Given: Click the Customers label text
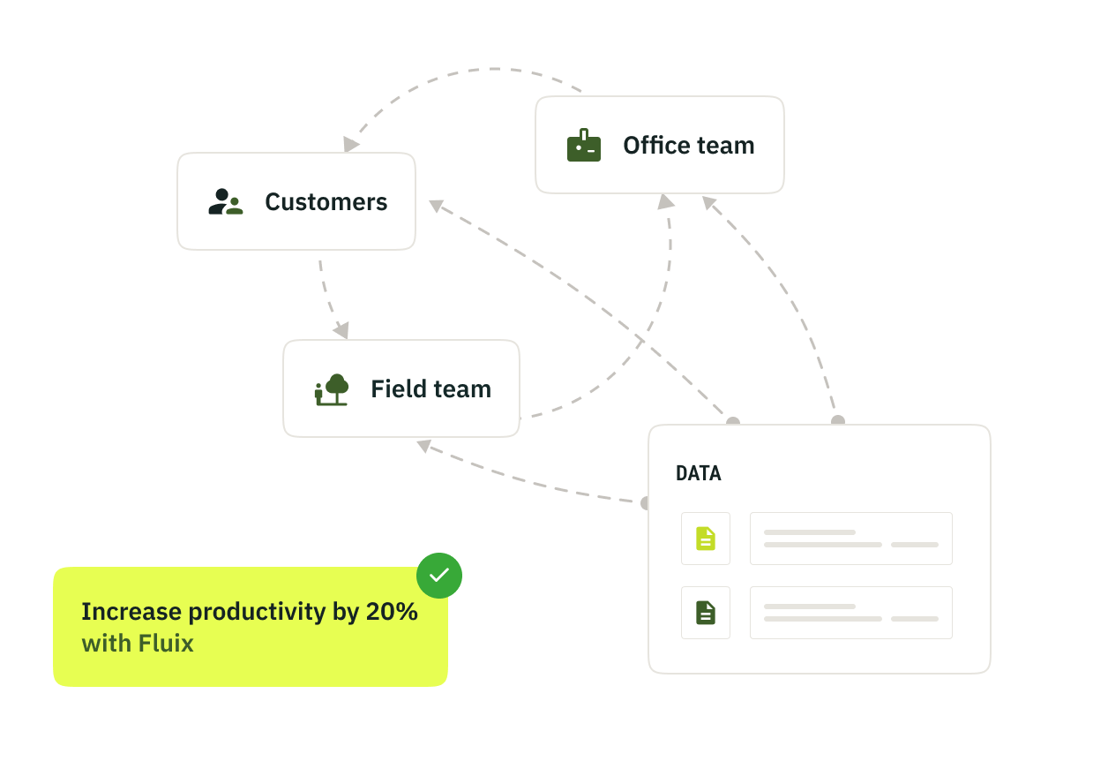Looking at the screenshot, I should [326, 202].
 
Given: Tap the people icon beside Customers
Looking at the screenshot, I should [226, 202].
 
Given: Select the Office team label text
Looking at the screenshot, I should [688, 146].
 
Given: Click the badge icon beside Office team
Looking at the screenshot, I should [583, 146].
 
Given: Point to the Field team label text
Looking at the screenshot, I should [430, 389].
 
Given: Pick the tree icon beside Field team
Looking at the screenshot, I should [332, 389].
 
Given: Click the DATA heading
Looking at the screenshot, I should [698, 474].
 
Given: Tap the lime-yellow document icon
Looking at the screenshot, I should [705, 539].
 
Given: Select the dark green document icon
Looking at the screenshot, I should [705, 613].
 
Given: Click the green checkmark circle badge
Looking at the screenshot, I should [439, 576].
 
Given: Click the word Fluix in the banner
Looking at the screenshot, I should [165, 644].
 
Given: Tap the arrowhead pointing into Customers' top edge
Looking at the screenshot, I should [352, 144].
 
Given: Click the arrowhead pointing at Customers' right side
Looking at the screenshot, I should [437, 206].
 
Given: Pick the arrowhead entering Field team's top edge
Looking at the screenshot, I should [341, 331].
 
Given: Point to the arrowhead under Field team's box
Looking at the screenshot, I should [424, 446].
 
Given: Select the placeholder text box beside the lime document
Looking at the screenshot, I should [850, 539].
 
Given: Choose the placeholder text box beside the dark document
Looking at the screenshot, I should [850, 613].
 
